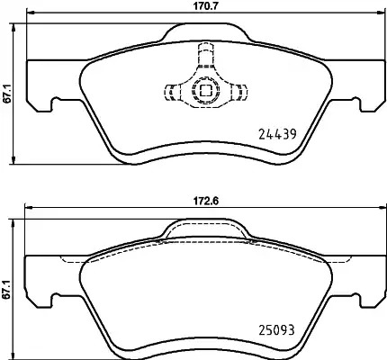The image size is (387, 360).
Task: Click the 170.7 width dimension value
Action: [x=205, y=5]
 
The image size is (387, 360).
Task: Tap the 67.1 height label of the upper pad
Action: [x=7, y=94]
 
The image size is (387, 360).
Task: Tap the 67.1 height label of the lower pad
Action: [x=7, y=289]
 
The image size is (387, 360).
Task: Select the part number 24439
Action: [x=277, y=134]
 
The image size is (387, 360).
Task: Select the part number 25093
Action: [x=276, y=330]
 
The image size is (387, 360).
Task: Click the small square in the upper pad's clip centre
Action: [x=205, y=90]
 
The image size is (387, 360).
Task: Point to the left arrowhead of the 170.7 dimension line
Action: [x=31, y=13]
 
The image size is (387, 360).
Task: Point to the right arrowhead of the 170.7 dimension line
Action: [x=381, y=13]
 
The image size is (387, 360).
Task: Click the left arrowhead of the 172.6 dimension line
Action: [x=29, y=207]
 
